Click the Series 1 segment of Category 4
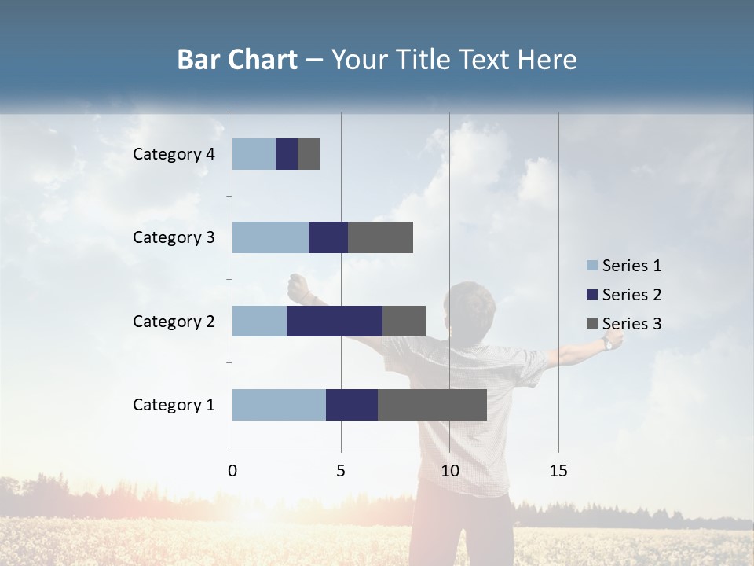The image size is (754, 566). [254, 154]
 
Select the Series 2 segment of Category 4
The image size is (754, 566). [287, 154]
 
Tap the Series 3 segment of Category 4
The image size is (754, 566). [309, 154]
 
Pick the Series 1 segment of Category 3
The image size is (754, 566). [270, 237]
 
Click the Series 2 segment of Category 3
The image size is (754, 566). [328, 237]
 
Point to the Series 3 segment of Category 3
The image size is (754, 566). [380, 237]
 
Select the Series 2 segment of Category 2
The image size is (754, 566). [335, 321]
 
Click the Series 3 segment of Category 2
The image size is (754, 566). [404, 321]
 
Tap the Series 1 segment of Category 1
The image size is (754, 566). [279, 405]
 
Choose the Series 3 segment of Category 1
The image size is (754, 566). [432, 405]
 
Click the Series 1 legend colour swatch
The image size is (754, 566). [591, 266]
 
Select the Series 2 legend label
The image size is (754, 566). [632, 295]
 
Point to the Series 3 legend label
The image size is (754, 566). [632, 324]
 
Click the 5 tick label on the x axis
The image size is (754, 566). [341, 471]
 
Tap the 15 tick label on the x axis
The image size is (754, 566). [558, 471]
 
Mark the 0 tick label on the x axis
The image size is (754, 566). [232, 471]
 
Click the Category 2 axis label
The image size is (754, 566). [174, 321]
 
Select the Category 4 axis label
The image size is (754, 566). [174, 154]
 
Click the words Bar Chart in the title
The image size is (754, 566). [237, 60]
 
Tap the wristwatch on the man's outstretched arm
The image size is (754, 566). [608, 344]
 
